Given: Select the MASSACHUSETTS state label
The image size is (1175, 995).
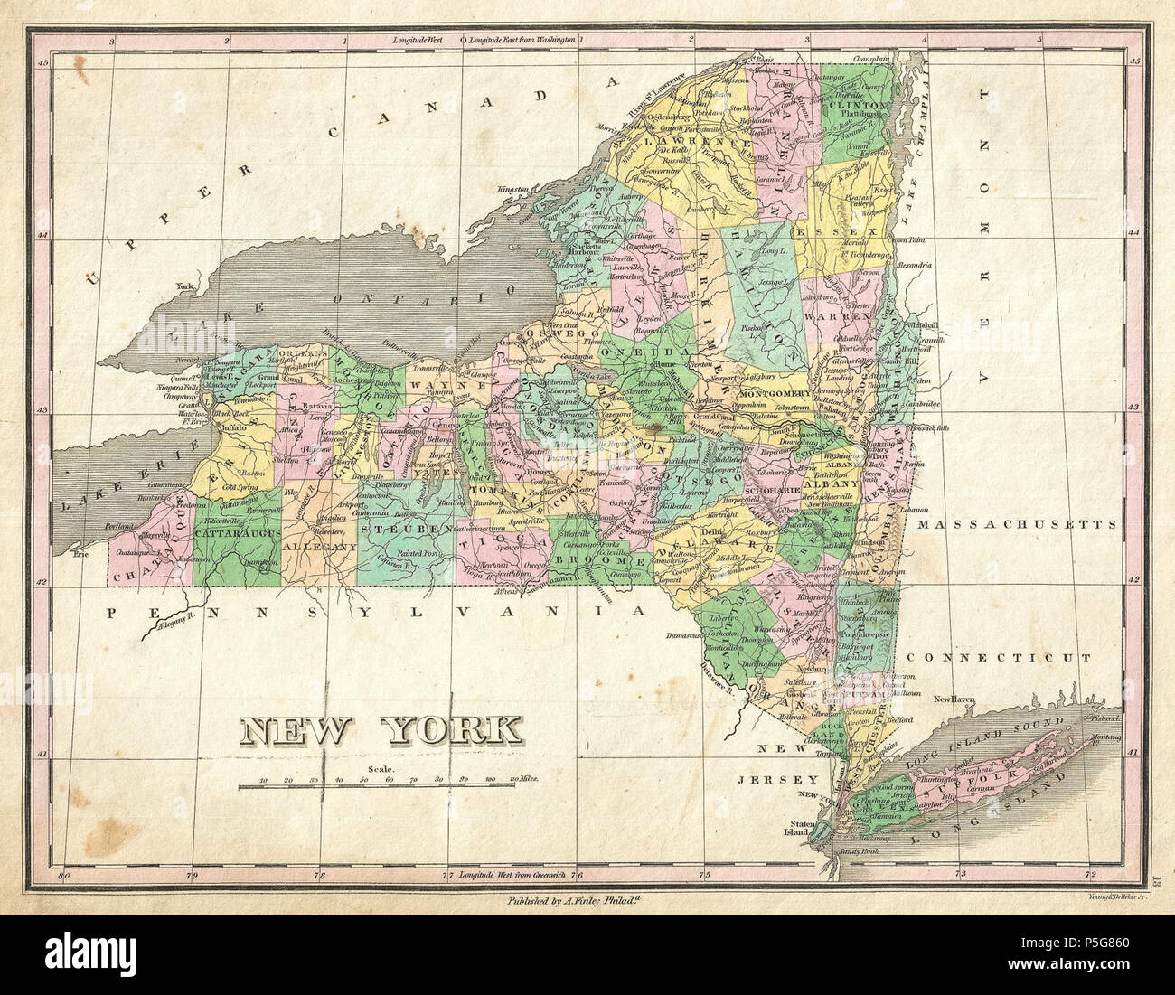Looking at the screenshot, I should point(1015,523).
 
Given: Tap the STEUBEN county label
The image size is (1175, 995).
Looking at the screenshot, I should point(407,527).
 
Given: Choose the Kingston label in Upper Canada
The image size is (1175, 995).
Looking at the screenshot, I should point(511,189).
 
